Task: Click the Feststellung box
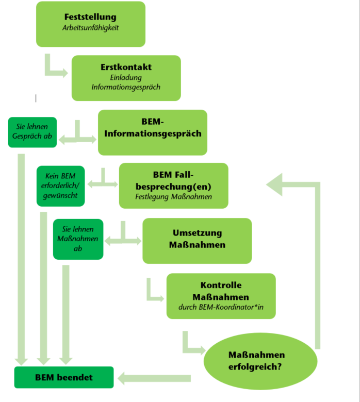coord(91,24)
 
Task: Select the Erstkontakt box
coord(126,78)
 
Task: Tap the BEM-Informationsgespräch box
coord(153,132)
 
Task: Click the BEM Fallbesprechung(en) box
coord(174,186)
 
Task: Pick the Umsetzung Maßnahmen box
coord(197,241)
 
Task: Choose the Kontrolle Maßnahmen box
coord(221,296)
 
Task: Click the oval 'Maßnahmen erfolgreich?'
coord(260,361)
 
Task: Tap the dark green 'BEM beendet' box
coord(64,377)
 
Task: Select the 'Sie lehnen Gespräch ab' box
coord(32,132)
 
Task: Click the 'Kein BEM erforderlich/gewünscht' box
coord(60,186)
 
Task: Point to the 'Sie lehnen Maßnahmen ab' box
coord(78,239)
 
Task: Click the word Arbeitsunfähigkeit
coord(91,28)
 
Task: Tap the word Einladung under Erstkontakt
coord(126,77)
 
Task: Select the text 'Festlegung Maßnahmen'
coord(174,197)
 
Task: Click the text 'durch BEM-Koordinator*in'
coord(221,307)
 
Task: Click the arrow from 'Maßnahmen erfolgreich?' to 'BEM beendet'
coord(154,378)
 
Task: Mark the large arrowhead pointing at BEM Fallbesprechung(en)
coord(274,185)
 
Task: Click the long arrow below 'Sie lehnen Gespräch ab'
coord(21,259)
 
